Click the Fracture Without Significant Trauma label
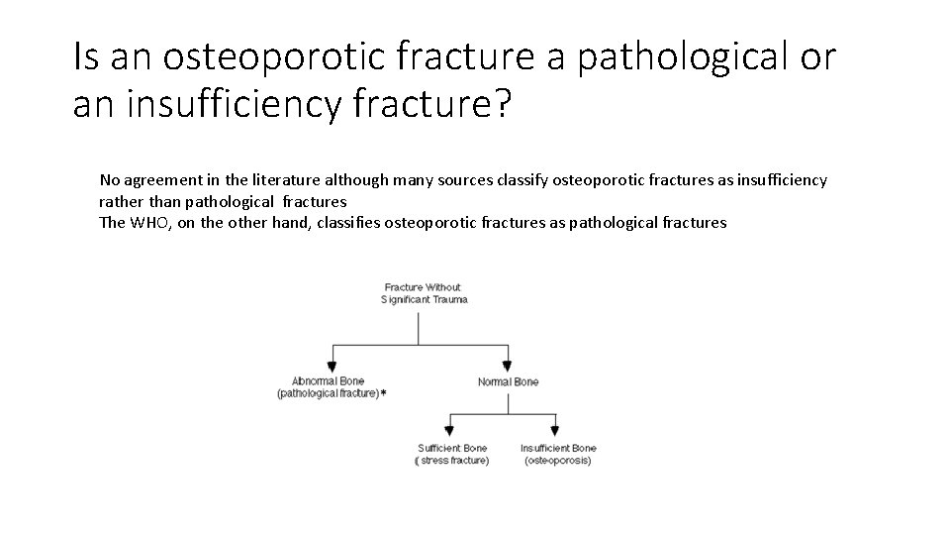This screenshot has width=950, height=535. tap(423, 293)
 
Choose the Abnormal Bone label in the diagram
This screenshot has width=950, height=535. tap(328, 380)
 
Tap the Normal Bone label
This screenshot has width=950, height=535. tap(508, 381)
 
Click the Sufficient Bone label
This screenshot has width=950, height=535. tap(453, 449)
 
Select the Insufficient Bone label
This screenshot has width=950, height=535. tap(558, 449)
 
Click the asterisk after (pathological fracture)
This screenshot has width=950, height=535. tap(384, 393)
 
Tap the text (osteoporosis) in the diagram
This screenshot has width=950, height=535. tap(558, 461)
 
